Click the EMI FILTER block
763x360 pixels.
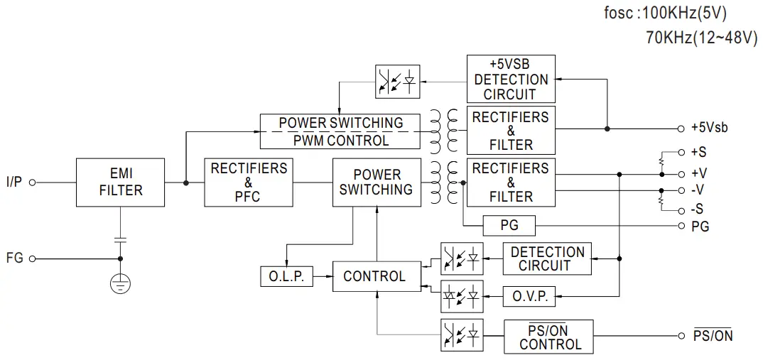[121, 182]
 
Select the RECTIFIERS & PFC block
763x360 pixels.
[248, 182]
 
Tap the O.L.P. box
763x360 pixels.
[286, 276]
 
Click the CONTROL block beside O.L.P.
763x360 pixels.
[374, 276]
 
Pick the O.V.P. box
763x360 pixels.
[530, 296]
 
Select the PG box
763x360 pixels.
[509, 226]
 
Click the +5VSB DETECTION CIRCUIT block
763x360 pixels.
[511, 79]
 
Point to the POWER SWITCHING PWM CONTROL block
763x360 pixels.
[340, 131]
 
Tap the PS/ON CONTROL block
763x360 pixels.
[549, 337]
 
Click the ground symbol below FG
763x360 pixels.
[120, 284]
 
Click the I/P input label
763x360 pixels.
[14, 182]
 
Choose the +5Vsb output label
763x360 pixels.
[708, 129]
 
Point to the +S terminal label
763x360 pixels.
[698, 152]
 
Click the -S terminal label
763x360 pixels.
[697, 210]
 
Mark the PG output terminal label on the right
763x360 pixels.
[700, 227]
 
